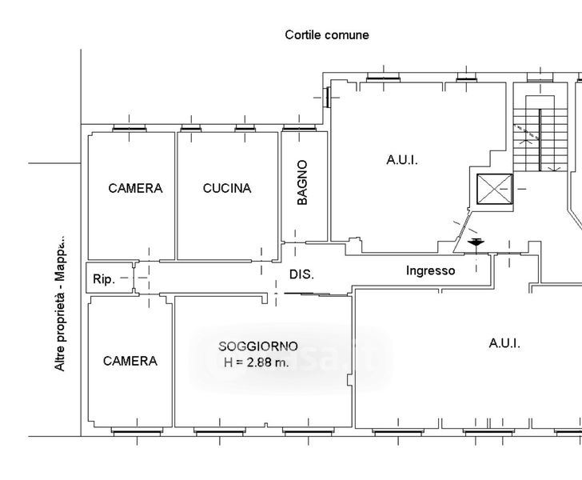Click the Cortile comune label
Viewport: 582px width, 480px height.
[x=327, y=35]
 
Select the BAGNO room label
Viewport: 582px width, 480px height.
[x=302, y=183]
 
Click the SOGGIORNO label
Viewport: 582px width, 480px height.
[x=257, y=346]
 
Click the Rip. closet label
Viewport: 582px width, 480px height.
[x=104, y=279]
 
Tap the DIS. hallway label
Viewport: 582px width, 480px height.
[x=301, y=274]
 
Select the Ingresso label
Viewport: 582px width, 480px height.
[x=430, y=270]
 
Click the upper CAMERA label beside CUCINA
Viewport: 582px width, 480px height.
[x=135, y=189]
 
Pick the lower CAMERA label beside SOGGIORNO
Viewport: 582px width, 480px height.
[x=130, y=361]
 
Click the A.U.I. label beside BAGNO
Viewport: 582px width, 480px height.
[x=402, y=160]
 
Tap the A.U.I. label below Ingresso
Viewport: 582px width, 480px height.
[x=504, y=343]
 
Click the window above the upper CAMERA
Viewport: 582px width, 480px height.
[x=129, y=127]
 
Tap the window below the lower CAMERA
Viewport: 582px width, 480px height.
[x=130, y=432]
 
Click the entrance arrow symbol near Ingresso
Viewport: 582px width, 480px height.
[x=476, y=242]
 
